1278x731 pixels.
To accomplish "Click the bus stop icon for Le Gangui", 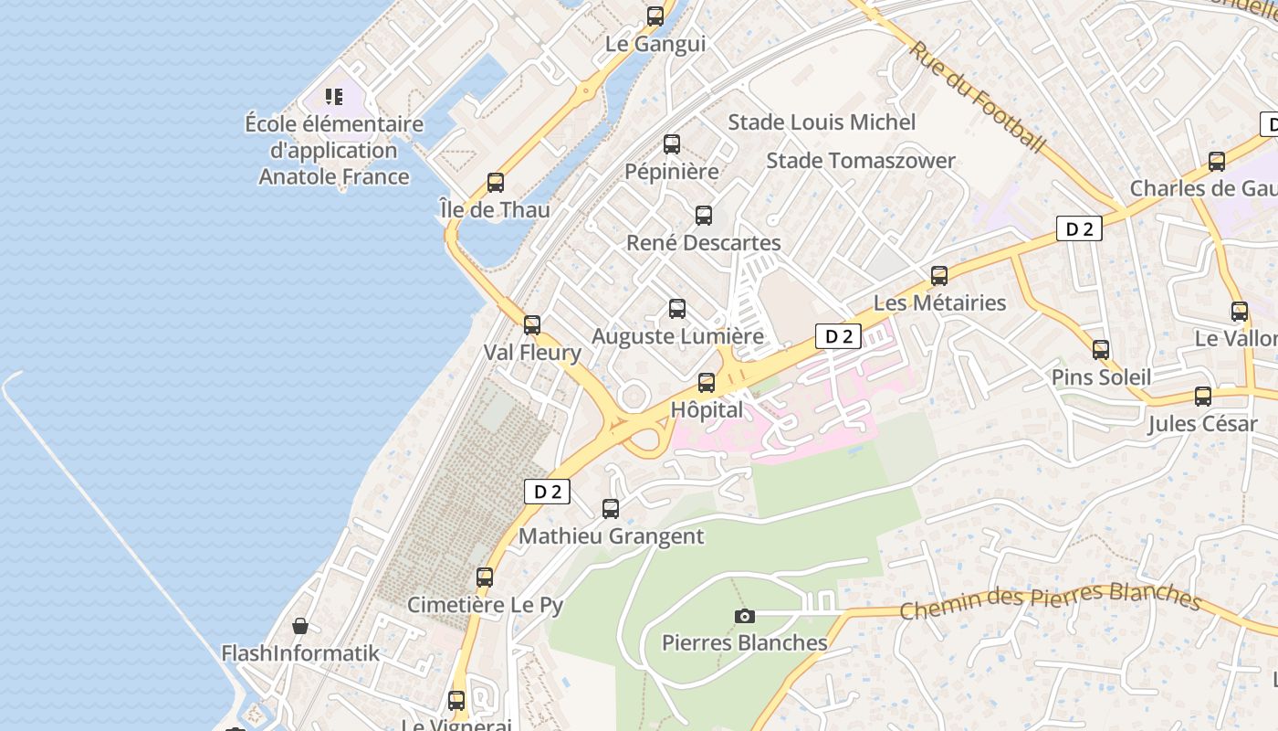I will pyautogui.click(x=655, y=16).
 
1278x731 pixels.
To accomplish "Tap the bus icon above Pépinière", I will pyautogui.click(x=672, y=143).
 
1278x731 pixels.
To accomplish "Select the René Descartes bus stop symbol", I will pyautogui.click(x=704, y=216).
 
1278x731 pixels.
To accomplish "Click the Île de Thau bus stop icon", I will pyautogui.click(x=495, y=182).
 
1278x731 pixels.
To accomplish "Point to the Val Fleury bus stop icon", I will pyautogui.click(x=532, y=324).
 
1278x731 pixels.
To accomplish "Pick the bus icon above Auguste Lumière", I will pyautogui.click(x=676, y=309).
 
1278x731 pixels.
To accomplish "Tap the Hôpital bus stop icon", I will pyautogui.click(x=707, y=382).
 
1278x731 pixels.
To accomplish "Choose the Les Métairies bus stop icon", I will pyautogui.click(x=939, y=275).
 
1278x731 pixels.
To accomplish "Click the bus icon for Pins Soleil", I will pyautogui.click(x=1101, y=349).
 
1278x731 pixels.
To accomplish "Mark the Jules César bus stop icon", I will pyautogui.click(x=1203, y=397).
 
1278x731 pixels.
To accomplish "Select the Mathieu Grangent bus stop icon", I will pyautogui.click(x=611, y=509).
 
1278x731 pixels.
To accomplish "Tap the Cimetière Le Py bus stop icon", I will pyautogui.click(x=485, y=577).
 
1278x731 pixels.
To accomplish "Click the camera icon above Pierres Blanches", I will pyautogui.click(x=745, y=616).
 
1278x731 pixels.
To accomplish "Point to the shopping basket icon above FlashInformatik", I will pyautogui.click(x=300, y=626).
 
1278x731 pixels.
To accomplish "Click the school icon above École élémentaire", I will pyautogui.click(x=334, y=96).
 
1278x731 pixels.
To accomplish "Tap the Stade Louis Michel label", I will pyautogui.click(x=822, y=122).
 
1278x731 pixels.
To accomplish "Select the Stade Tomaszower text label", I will pyautogui.click(x=860, y=161).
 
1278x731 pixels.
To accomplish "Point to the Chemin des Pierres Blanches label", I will pyautogui.click(x=1049, y=600).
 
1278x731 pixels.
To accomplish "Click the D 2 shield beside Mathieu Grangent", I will pyautogui.click(x=548, y=492).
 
